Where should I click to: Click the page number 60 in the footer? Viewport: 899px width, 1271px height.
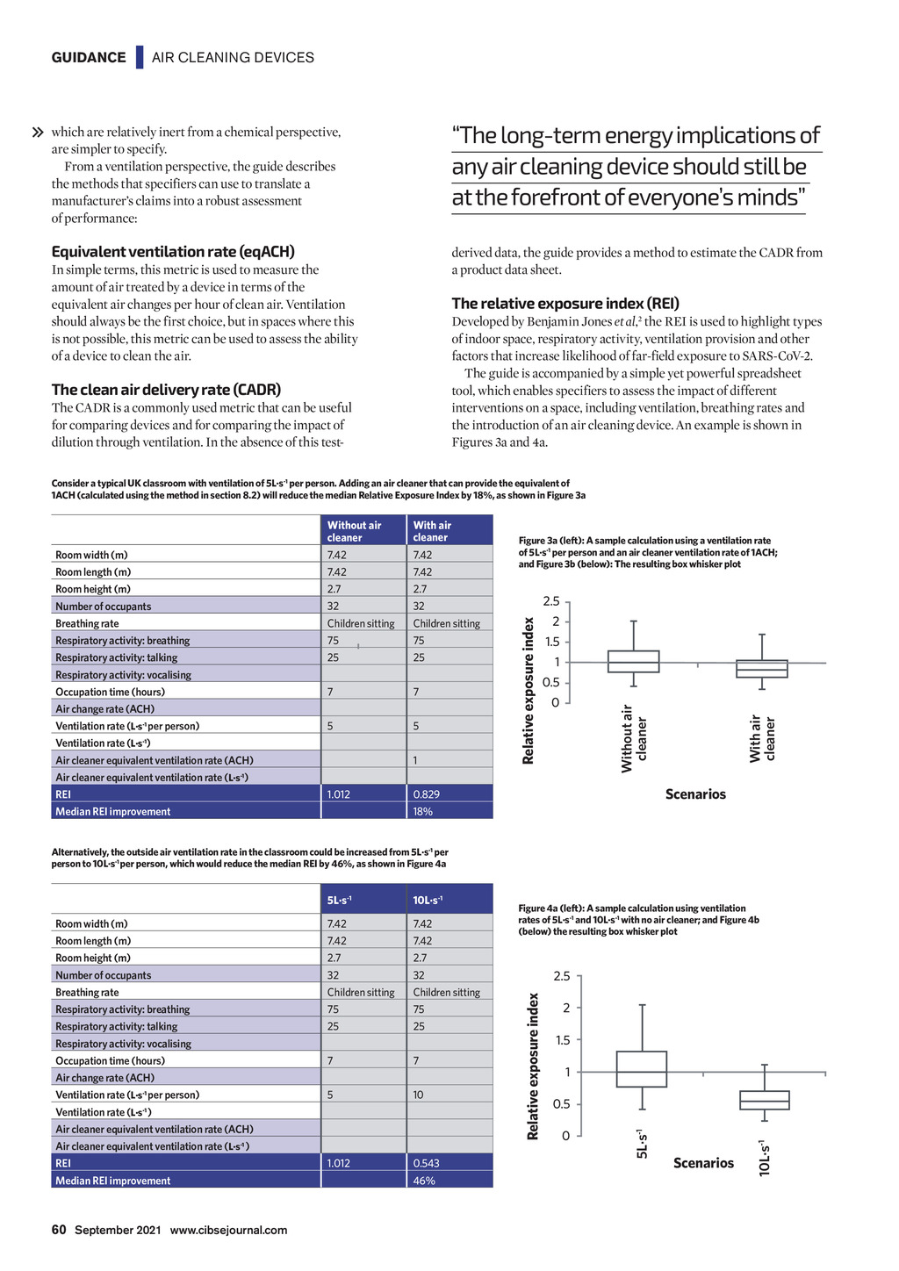pyautogui.click(x=59, y=1230)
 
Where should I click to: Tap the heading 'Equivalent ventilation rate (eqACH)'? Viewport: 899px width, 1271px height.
pyautogui.click(x=173, y=252)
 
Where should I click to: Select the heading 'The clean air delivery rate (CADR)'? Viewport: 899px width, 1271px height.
pyautogui.click(x=166, y=390)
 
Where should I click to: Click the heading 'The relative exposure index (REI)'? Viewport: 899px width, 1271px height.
pyautogui.click(x=565, y=304)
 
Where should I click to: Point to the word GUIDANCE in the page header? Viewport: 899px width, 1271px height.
pyautogui.click(x=89, y=58)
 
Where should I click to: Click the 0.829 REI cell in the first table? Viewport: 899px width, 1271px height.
pyautogui.click(x=427, y=794)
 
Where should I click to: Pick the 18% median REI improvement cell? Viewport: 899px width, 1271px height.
pyautogui.click(x=423, y=812)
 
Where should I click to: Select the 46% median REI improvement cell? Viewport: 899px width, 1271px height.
pyautogui.click(x=424, y=1181)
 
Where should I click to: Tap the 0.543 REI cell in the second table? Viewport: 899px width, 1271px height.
pyautogui.click(x=427, y=1163)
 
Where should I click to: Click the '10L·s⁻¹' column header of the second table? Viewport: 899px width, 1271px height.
pyautogui.click(x=428, y=900)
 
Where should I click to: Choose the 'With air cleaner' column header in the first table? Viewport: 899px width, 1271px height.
pyautogui.click(x=431, y=531)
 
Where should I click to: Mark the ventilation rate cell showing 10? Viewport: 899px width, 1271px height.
pyautogui.click(x=419, y=1095)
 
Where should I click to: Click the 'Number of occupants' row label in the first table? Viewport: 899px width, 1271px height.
pyautogui.click(x=104, y=607)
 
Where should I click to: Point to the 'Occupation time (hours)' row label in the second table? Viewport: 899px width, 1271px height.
pyautogui.click(x=111, y=1060)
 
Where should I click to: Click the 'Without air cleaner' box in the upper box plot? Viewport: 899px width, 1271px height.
pyautogui.click(x=633, y=662)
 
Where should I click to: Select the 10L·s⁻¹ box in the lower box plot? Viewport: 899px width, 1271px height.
pyautogui.click(x=764, y=1100)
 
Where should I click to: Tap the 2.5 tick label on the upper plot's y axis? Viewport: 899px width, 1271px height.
pyautogui.click(x=551, y=602)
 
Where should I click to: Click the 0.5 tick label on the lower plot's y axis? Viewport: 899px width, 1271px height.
pyautogui.click(x=561, y=1104)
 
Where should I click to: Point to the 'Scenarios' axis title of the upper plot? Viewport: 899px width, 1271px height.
pyautogui.click(x=695, y=794)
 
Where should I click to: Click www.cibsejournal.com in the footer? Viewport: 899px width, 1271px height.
pyautogui.click(x=228, y=1230)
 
